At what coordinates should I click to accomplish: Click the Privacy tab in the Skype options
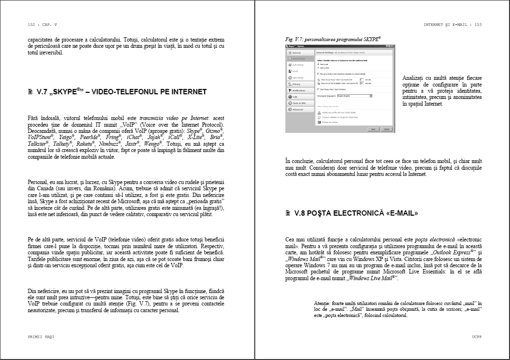point(297,84)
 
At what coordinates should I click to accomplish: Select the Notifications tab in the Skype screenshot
point(299,90)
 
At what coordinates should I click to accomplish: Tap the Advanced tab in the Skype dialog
point(298,109)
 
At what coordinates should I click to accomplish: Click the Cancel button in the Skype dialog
point(386,130)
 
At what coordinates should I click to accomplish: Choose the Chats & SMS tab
point(299,103)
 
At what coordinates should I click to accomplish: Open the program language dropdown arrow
point(371,96)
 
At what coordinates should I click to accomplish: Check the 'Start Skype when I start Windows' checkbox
point(318,89)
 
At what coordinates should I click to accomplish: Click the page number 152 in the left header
point(33,24)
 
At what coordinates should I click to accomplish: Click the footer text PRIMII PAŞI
point(41,337)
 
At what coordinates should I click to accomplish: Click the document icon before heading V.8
point(288,213)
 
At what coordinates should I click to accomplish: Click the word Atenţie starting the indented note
point(324,304)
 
